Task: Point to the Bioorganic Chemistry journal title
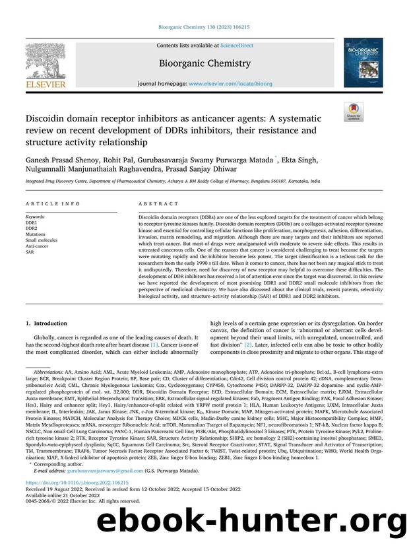pos(205,64)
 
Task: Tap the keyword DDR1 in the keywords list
pos(32,222)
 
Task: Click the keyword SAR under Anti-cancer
pos(30,252)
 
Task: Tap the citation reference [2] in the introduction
pos(248,345)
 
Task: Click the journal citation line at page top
pos(204,27)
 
